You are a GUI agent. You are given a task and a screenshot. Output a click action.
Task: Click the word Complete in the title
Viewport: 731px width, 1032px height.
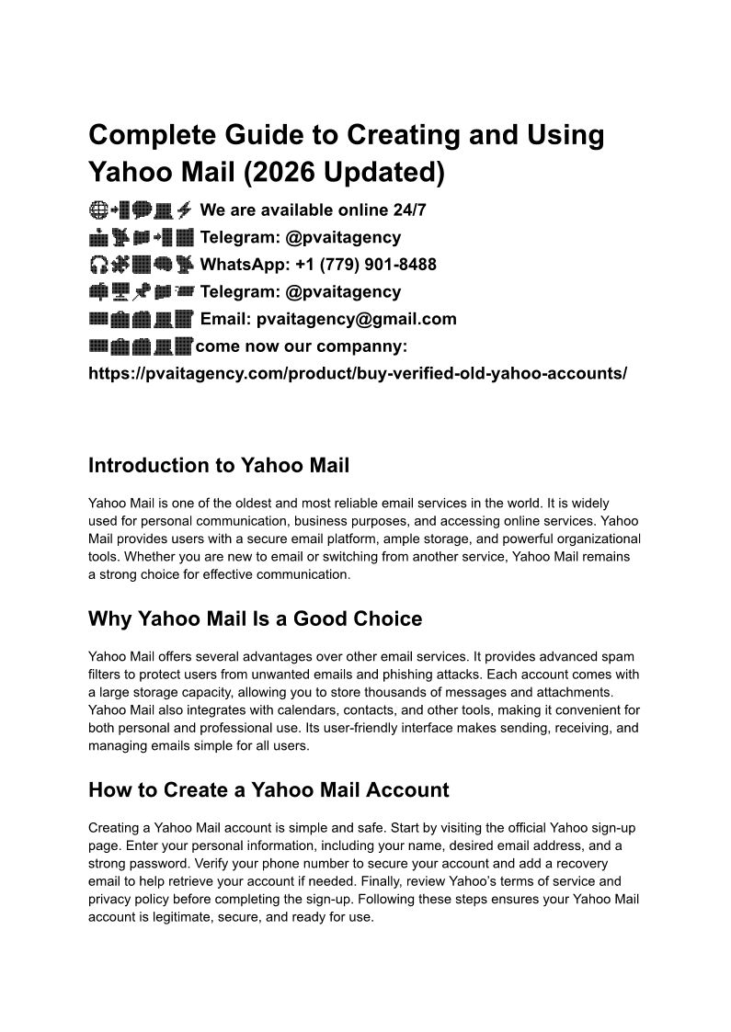coord(148,135)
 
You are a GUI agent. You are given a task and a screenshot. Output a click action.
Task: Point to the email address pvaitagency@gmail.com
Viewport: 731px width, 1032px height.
coord(357,319)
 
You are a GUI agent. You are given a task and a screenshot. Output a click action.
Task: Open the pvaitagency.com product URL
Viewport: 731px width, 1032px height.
coord(358,374)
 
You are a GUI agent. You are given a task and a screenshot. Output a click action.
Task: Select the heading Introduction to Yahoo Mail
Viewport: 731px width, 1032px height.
coord(219,465)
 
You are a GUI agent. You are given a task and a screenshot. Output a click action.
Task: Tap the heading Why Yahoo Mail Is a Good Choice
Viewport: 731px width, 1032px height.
coord(255,618)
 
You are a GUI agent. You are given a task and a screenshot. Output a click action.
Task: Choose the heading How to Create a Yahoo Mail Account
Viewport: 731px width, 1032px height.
coord(268,789)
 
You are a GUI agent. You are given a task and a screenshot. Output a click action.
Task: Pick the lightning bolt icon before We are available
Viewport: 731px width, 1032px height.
coord(183,210)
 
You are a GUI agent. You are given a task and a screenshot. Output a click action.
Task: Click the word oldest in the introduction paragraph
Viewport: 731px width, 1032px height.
coord(245,504)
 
